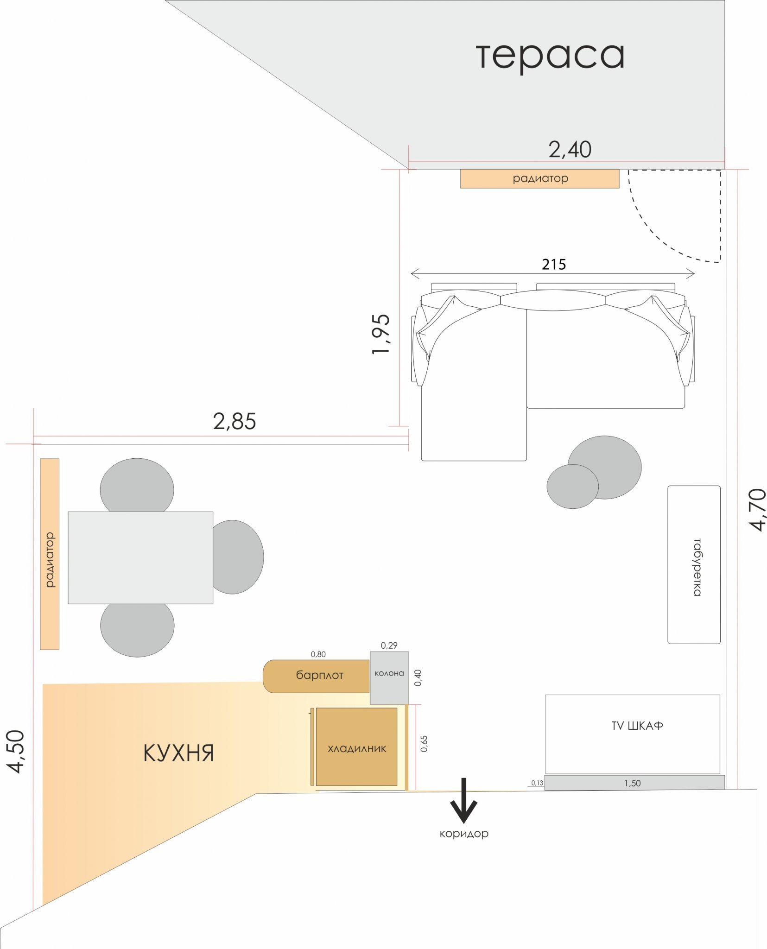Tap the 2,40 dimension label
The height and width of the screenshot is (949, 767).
(570, 150)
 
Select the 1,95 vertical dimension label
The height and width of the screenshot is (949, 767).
(381, 334)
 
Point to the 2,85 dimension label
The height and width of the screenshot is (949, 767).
(234, 422)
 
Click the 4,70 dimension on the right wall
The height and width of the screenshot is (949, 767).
(758, 509)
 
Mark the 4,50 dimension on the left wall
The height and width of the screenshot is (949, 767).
(16, 752)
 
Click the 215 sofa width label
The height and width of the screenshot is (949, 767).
(554, 265)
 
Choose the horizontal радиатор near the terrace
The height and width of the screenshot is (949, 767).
(539, 179)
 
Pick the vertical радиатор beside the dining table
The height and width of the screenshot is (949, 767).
(50, 554)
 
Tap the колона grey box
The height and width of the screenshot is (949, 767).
(389, 678)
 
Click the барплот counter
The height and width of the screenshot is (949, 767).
(316, 676)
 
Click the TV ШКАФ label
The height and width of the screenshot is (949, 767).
(637, 726)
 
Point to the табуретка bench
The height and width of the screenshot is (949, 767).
(694, 565)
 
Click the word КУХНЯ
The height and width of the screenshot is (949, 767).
(178, 753)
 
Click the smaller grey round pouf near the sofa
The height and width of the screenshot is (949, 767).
(572, 487)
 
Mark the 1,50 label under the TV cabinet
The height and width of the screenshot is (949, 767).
(632, 783)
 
